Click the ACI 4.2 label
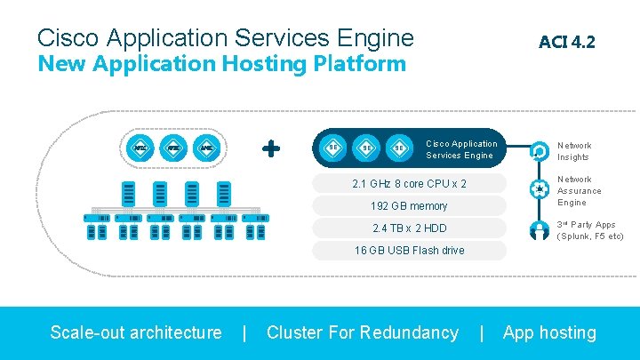pyautogui.click(x=566, y=41)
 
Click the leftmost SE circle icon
pyautogui.click(x=332, y=148)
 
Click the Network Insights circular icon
pyautogui.click(x=539, y=150)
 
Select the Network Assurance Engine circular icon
pyautogui.click(x=539, y=189)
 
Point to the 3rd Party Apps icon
pyautogui.click(x=539, y=229)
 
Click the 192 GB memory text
pyautogui.click(x=409, y=206)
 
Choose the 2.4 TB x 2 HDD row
pyautogui.click(x=409, y=228)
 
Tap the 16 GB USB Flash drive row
pyautogui.click(x=409, y=251)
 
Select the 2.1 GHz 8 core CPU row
pyautogui.click(x=409, y=184)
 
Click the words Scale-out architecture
pyautogui.click(x=136, y=332)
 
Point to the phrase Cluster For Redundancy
pyautogui.click(x=363, y=332)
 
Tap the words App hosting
pyautogui.click(x=549, y=332)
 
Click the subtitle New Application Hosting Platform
pyautogui.click(x=221, y=64)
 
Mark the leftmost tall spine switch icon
pyautogui.click(x=129, y=192)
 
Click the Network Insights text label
pyautogui.click(x=574, y=151)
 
